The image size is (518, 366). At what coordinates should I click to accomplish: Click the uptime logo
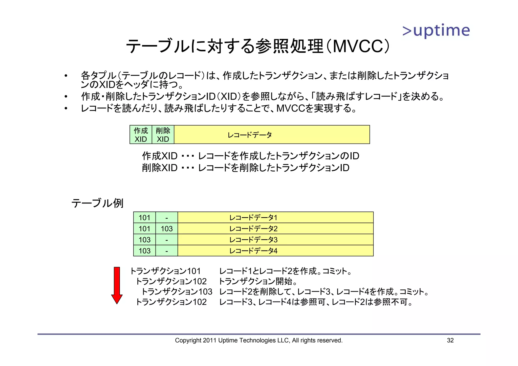pyautogui.click(x=436, y=31)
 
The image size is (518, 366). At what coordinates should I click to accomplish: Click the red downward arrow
pyautogui.click(x=117, y=285)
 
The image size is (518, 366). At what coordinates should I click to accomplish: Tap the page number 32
pyautogui.click(x=450, y=340)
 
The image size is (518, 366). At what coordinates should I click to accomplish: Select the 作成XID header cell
pyautogui.click(x=141, y=135)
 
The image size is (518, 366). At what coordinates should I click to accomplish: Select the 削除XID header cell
pyautogui.click(x=163, y=135)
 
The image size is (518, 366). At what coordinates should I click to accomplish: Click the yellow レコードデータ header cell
pyautogui.click(x=272, y=135)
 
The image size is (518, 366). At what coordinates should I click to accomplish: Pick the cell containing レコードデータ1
pyautogui.click(x=275, y=217)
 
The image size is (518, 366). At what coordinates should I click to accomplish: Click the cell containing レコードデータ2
pyautogui.click(x=275, y=228)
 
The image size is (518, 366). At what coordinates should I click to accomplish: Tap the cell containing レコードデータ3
pyautogui.click(x=275, y=240)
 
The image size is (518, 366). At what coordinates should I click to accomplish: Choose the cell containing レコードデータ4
pyautogui.click(x=275, y=251)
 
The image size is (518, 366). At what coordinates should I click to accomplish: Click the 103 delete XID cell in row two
pyautogui.click(x=167, y=228)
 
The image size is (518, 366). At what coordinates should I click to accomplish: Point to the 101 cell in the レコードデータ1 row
pyautogui.click(x=144, y=217)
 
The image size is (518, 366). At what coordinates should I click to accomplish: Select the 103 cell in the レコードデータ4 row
pyautogui.click(x=144, y=251)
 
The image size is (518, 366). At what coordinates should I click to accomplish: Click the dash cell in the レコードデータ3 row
pyautogui.click(x=167, y=240)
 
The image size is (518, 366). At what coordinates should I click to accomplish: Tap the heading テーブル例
pyautogui.click(x=97, y=203)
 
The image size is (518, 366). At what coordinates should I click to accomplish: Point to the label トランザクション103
pyautogui.click(x=177, y=292)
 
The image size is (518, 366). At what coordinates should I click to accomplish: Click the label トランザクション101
pyautogui.click(x=165, y=271)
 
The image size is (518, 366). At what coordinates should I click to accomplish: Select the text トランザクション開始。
pyautogui.click(x=258, y=281)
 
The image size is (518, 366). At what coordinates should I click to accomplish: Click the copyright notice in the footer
pyautogui.click(x=259, y=340)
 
